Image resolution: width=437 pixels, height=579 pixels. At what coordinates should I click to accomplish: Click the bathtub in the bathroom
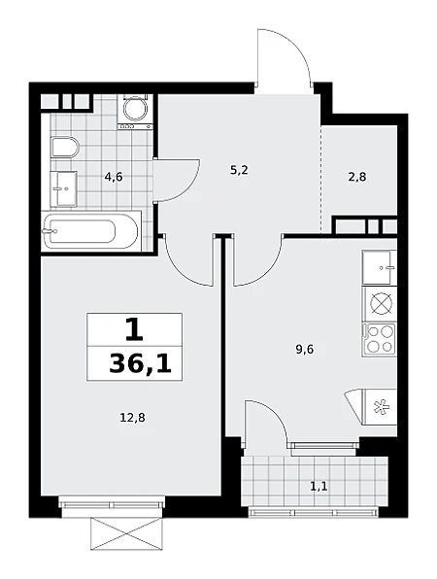(x=90, y=231)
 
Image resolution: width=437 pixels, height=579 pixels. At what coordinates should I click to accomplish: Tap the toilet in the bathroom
(x=66, y=148)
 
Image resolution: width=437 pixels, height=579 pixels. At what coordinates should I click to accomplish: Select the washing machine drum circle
(x=135, y=109)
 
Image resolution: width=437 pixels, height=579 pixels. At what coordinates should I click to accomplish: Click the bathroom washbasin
(x=63, y=188)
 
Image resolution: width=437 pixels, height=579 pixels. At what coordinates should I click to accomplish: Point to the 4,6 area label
(x=114, y=177)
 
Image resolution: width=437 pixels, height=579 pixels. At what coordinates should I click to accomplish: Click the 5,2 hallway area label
(x=238, y=170)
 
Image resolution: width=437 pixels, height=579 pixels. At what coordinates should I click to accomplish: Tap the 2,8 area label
(x=357, y=177)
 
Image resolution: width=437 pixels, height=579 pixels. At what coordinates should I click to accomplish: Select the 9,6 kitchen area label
(x=305, y=349)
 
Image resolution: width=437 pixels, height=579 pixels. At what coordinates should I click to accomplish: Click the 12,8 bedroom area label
(x=132, y=418)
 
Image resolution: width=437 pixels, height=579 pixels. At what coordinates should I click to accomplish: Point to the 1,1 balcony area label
(x=319, y=487)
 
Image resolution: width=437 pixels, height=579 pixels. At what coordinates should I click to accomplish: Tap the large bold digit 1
(x=134, y=329)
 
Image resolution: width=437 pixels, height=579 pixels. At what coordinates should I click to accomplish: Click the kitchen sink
(x=380, y=267)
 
